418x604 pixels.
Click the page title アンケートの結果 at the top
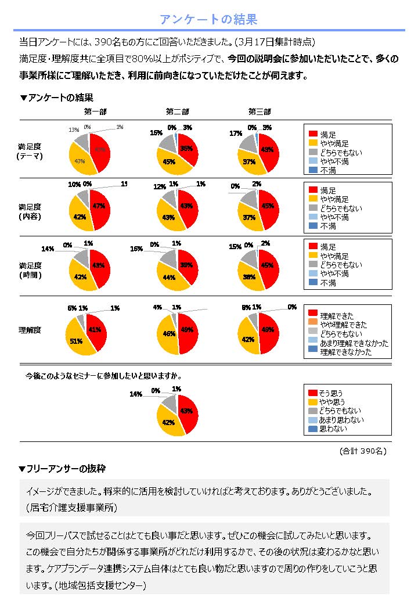(x=208, y=20)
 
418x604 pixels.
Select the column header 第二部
(x=177, y=112)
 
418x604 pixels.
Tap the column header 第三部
(x=260, y=112)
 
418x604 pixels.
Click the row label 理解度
(x=29, y=330)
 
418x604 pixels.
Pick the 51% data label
(x=76, y=341)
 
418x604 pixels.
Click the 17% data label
(x=236, y=133)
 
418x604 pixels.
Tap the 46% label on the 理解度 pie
(x=169, y=334)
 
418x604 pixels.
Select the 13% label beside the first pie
(x=74, y=130)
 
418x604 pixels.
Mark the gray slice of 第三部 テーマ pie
(x=248, y=143)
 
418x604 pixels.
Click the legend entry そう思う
(x=333, y=393)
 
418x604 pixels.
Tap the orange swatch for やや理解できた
(x=313, y=325)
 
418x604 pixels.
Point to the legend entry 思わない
(x=333, y=429)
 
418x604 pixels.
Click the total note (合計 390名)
(x=363, y=451)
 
